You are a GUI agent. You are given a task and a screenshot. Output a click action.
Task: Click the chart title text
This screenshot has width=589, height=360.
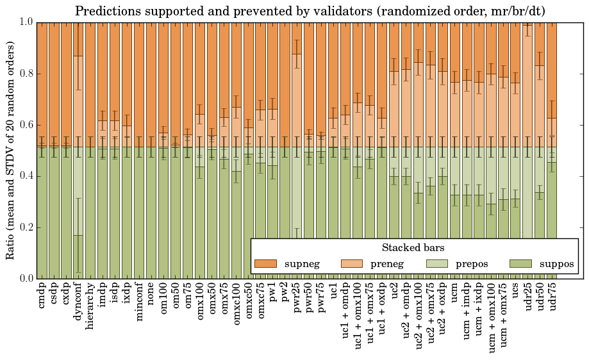(x=310, y=11)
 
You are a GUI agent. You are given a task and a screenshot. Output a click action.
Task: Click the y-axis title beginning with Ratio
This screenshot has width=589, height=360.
(x=11, y=150)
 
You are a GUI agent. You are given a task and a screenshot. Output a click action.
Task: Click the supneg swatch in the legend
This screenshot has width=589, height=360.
(x=265, y=263)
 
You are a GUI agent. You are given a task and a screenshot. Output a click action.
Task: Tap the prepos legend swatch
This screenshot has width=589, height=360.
(x=436, y=263)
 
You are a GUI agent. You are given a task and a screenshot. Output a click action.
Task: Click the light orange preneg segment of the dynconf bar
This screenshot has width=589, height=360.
(x=78, y=96)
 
